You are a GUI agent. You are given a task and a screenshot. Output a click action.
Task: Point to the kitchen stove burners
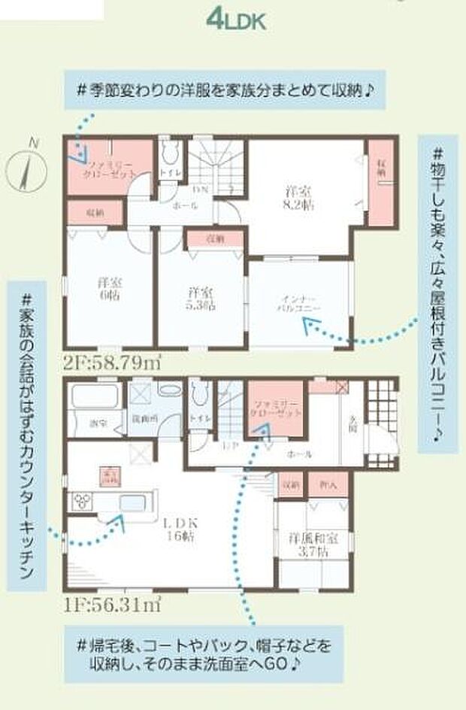coord(82,502)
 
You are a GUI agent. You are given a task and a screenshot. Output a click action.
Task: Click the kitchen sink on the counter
coord(130,502)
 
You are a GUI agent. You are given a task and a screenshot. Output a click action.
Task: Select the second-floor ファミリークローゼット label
coord(110,166)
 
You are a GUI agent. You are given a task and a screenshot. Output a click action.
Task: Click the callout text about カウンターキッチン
coord(26,436)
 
